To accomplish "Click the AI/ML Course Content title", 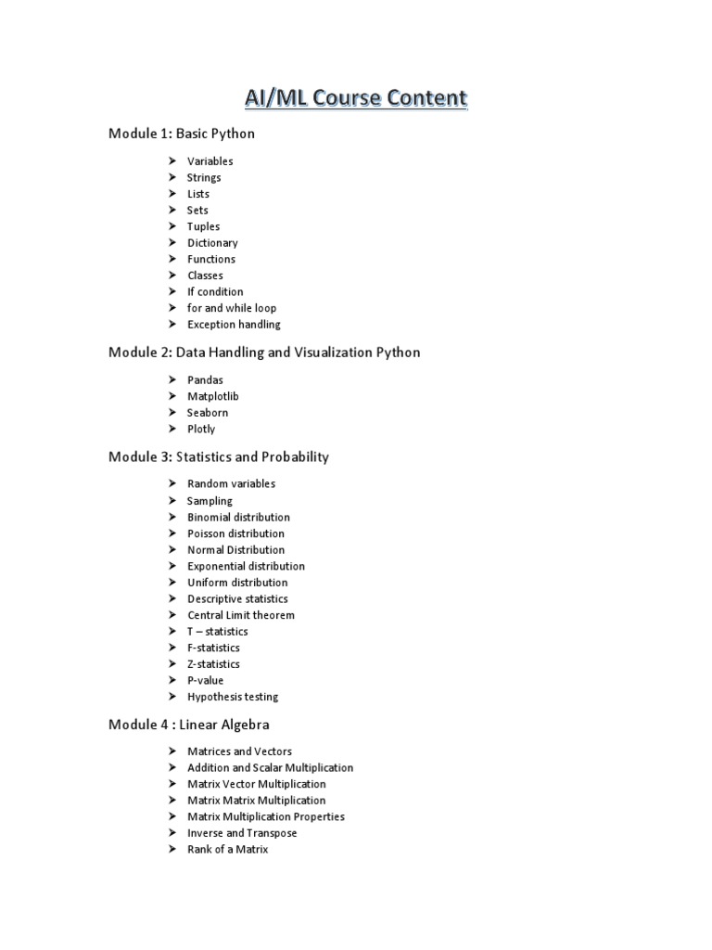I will click(356, 98).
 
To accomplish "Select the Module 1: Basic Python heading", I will click(182, 134).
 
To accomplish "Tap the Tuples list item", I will click(203, 226).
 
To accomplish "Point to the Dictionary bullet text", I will click(212, 243).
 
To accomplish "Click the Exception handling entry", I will click(234, 325).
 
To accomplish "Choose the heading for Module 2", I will click(264, 353).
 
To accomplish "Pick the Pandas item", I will click(205, 380).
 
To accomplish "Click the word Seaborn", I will click(208, 413).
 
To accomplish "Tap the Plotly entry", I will click(201, 430).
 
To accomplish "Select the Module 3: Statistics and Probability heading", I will click(219, 456).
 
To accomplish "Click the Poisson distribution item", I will click(235, 533).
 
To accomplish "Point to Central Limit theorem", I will click(241, 615).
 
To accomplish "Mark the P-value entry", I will click(206, 680).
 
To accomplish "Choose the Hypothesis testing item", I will click(233, 697).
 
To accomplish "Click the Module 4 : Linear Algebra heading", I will click(189, 725).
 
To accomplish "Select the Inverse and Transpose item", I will click(242, 833).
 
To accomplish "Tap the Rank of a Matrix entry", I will click(227, 849).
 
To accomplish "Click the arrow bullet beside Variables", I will click(172, 161).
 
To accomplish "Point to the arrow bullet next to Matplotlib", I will click(172, 396).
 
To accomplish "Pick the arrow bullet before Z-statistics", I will click(172, 664).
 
